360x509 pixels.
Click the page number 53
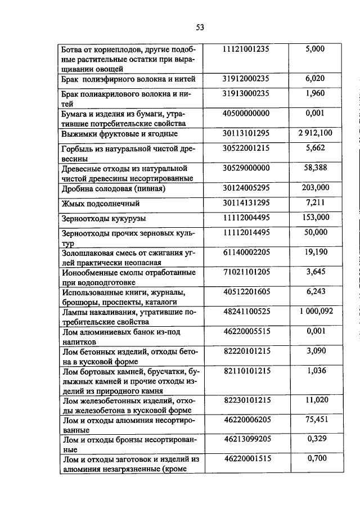[200, 27]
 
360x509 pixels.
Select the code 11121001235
[246, 49]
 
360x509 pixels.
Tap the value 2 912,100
[315, 133]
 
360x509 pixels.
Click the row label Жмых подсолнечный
[100, 204]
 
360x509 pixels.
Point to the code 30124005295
[246, 187]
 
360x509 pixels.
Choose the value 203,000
[315, 187]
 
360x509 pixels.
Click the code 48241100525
[246, 312]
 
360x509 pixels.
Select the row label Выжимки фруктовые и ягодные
[119, 134]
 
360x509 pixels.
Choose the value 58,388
[315, 168]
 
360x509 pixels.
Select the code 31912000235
[246, 79]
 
